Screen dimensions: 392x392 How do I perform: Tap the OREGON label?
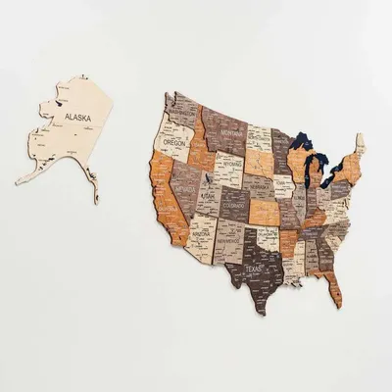(173, 142)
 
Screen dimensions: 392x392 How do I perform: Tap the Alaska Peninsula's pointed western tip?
(20, 182)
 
